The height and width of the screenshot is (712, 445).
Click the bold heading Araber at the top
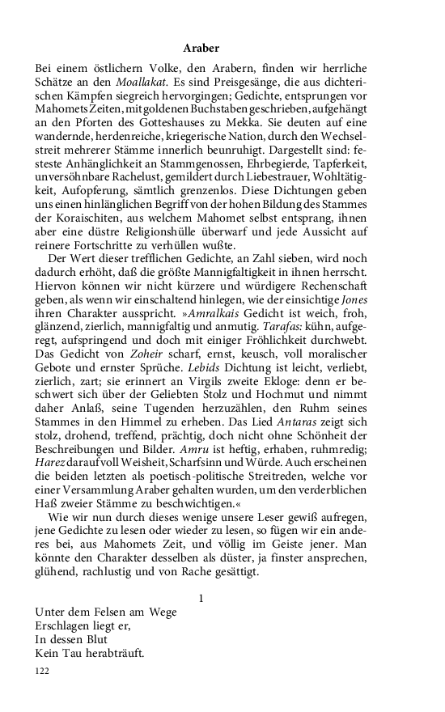(201, 49)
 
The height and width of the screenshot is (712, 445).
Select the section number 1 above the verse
(201, 598)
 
